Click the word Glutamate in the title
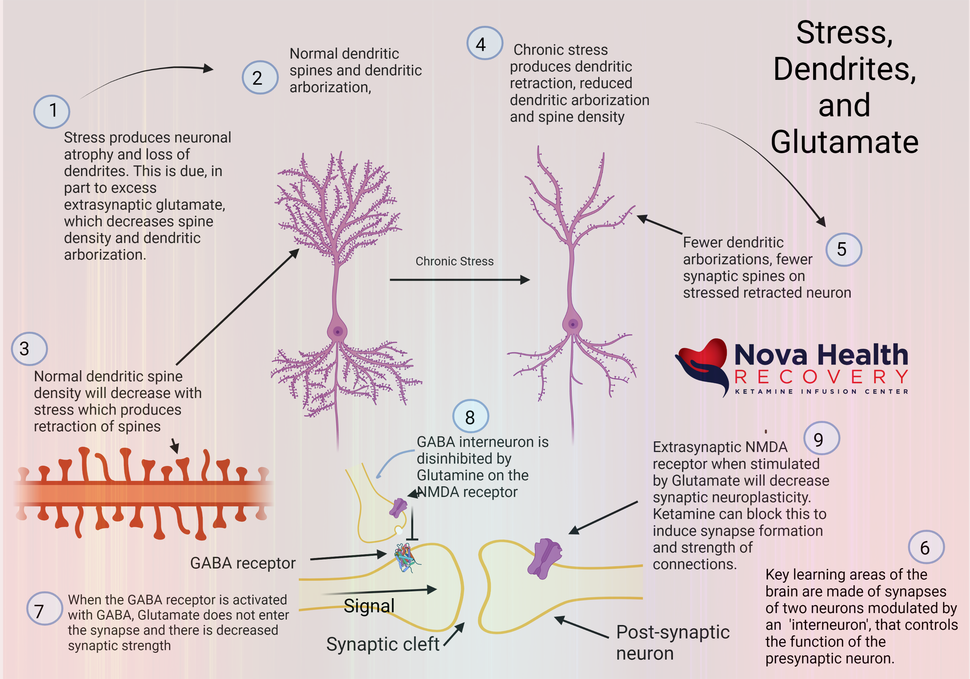(x=844, y=142)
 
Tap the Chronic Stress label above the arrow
(x=454, y=261)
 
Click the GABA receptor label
(x=242, y=563)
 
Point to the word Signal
(x=369, y=606)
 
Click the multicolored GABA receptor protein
(x=405, y=558)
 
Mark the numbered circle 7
(x=44, y=609)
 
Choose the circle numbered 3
(x=29, y=349)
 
